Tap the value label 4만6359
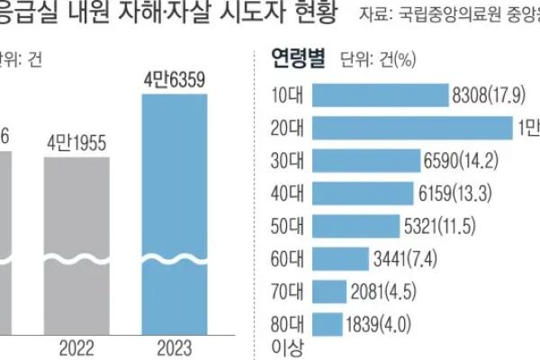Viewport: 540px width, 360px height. pos(175,81)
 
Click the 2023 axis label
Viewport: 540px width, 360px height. pos(175,347)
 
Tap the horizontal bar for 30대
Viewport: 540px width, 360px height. pos(368,161)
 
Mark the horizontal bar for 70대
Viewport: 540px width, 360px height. pos(331,292)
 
